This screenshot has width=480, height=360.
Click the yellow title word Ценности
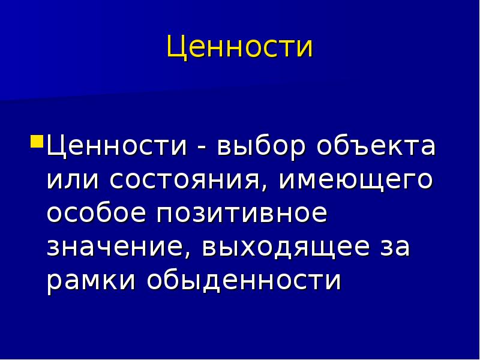[239, 47]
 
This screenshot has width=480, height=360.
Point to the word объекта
[376, 147]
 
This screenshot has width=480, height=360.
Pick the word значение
[116, 248]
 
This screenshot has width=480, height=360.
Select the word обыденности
[244, 281]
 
